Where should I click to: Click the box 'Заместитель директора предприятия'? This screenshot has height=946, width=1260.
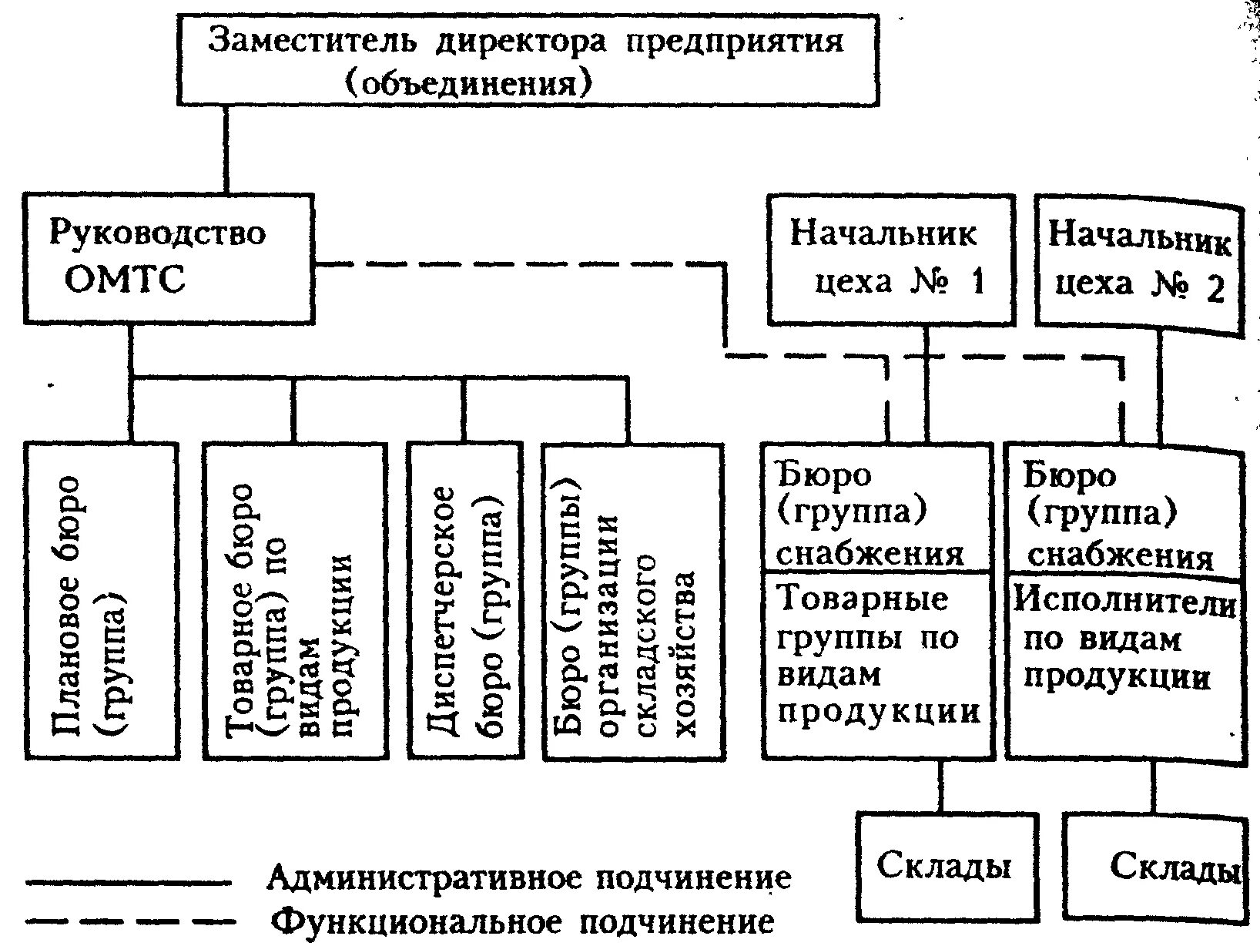(528, 59)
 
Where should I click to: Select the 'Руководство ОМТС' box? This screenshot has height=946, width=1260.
(168, 258)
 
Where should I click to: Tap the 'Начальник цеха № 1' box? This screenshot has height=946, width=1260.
(890, 260)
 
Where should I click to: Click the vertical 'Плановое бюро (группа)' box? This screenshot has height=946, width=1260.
(102, 601)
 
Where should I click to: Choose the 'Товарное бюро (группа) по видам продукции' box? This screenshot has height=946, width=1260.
(294, 601)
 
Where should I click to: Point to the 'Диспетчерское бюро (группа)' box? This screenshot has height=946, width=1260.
(465, 601)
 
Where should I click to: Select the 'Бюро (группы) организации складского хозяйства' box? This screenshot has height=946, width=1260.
(633, 601)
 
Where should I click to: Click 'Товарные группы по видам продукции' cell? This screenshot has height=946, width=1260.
(878, 663)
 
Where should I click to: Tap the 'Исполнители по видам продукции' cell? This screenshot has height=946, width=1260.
(1124, 663)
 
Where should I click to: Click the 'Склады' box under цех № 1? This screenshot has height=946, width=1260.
(944, 867)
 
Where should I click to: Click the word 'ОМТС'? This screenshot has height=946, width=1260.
(125, 279)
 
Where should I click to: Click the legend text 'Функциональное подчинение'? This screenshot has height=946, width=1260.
(524, 922)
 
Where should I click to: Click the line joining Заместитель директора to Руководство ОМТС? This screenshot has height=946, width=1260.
(226, 149)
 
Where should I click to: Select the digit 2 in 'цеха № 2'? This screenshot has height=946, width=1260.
(1215, 289)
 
